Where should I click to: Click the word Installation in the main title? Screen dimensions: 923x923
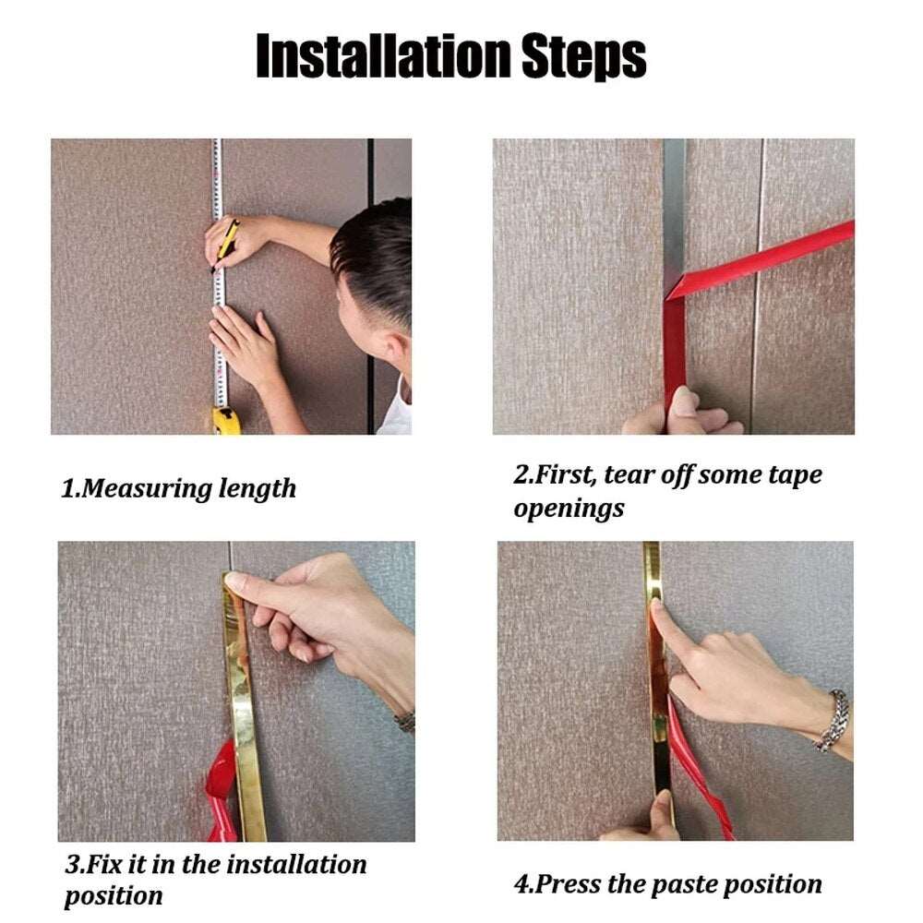click(384, 56)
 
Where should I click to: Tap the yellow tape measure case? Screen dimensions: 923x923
click(226, 420)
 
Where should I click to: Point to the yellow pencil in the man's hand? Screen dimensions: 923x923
click(225, 246)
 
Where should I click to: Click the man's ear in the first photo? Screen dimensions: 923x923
click(392, 350)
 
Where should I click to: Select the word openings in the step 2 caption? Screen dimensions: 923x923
click(569, 509)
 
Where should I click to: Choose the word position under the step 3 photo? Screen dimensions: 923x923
click(114, 897)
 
